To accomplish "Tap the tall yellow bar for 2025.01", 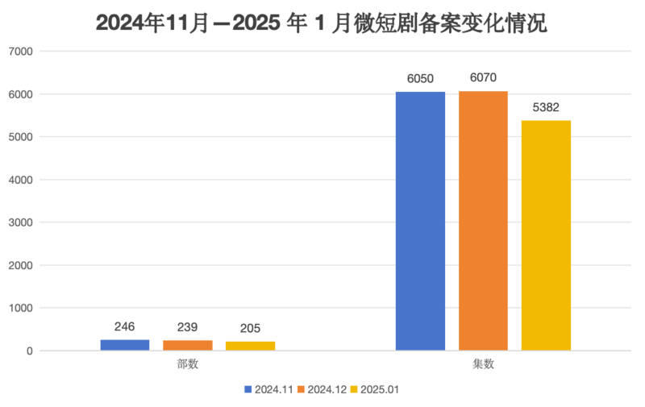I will [546, 235].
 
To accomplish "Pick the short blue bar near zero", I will [125, 344].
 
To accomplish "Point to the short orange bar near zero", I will [188, 345].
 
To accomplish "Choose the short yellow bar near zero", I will [250, 345].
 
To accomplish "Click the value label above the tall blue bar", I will [420, 78].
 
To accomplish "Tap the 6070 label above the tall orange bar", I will [483, 78].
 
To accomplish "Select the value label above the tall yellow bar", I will [546, 107].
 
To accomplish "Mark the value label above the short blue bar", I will [125, 326].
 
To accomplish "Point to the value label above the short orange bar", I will [188, 327].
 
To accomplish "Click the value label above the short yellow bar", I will [250, 328].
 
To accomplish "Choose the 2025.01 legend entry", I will [376, 389].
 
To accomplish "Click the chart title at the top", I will [321, 24].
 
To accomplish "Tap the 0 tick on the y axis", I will [28, 351].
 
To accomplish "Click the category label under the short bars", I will [187, 364].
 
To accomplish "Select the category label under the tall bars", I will [483, 364].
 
